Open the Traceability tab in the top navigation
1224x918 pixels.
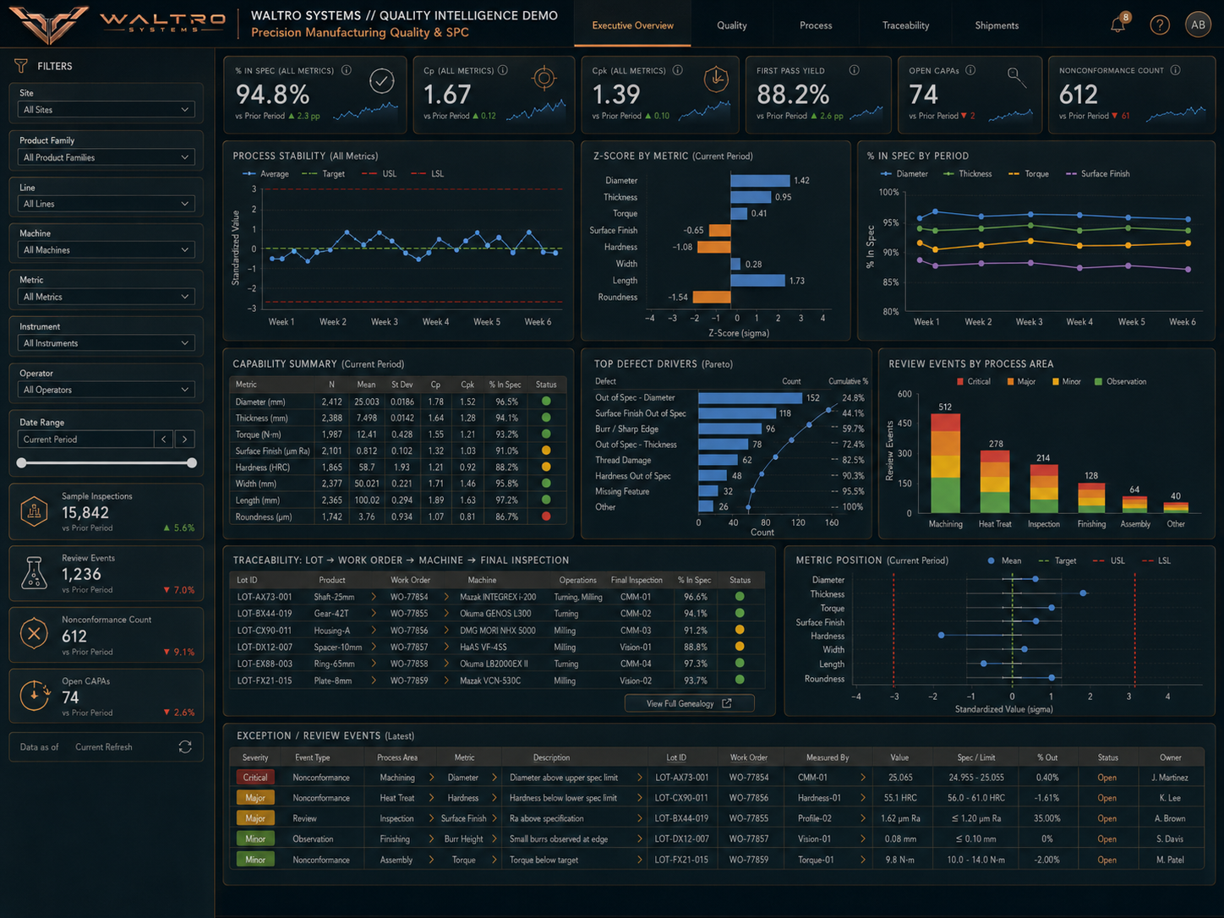(x=905, y=25)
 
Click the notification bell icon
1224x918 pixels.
(x=1117, y=25)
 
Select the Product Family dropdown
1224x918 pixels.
(x=106, y=157)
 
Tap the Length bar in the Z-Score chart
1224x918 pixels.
(x=758, y=281)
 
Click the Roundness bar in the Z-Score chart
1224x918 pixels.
(x=712, y=297)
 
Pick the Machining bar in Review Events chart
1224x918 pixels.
(x=945, y=463)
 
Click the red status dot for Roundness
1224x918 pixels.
(x=546, y=516)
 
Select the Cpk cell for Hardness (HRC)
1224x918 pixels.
(x=467, y=467)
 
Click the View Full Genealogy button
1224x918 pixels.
(x=689, y=703)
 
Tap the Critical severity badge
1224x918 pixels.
(x=254, y=777)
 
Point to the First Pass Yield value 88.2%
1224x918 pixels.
(x=793, y=95)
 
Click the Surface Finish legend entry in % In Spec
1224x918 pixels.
(x=1097, y=174)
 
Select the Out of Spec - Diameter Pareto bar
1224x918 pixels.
(x=750, y=397)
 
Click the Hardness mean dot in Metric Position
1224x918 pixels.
(x=942, y=636)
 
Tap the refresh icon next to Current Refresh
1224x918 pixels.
(x=185, y=747)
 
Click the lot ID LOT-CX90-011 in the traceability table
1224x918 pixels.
(x=265, y=631)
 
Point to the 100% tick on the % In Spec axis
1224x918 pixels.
(x=889, y=192)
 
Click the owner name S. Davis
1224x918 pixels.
(x=1171, y=839)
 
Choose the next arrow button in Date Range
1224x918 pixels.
(x=184, y=440)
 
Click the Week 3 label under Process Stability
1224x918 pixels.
(x=385, y=321)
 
